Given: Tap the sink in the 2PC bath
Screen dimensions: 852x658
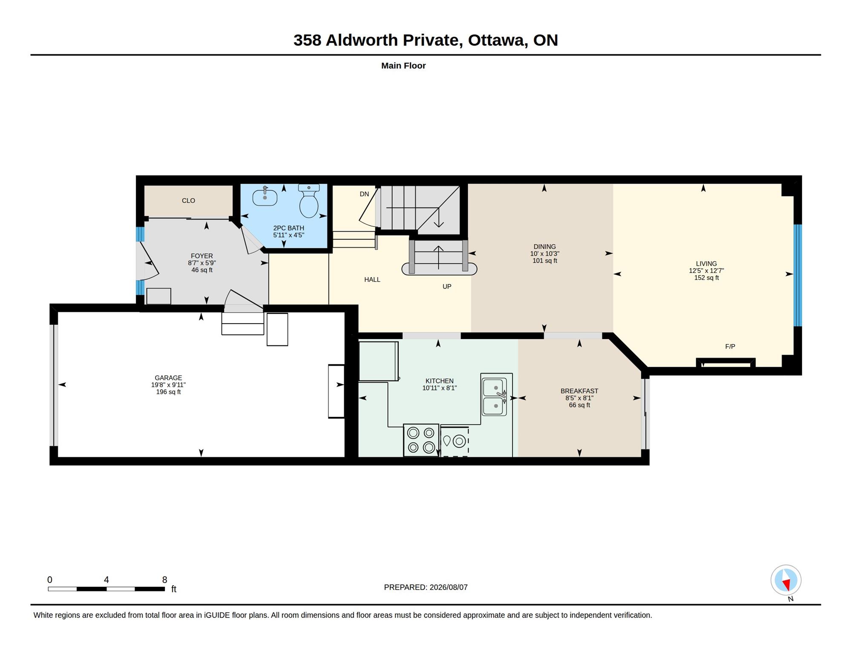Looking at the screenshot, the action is point(265,196).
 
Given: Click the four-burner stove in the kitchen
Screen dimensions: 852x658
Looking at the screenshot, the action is point(421,440).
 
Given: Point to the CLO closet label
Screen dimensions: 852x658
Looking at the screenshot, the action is point(188,201).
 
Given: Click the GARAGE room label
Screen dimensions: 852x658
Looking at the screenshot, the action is point(168,378).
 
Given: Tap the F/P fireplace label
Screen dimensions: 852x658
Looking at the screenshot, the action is point(730,346).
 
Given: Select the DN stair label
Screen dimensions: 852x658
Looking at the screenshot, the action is point(364,194).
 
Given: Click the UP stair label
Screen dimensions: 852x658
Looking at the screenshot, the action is point(447,287).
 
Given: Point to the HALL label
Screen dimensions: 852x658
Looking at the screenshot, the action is point(372,280).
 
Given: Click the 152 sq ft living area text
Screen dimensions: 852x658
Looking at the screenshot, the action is point(707,278).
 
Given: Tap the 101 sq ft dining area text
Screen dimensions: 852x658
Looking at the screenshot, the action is point(545,261).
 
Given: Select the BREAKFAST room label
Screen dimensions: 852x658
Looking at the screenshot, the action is point(579,391).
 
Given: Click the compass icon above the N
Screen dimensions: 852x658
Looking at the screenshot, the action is point(786,580).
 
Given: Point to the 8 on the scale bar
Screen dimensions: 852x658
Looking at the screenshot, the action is point(165,580).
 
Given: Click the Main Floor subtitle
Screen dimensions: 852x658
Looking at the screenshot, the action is point(403,66).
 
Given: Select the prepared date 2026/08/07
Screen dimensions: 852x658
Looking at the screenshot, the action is point(449,587).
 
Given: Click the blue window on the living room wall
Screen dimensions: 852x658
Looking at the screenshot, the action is point(798,276).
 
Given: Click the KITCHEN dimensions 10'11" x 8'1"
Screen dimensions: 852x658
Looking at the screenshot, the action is point(440,388).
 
